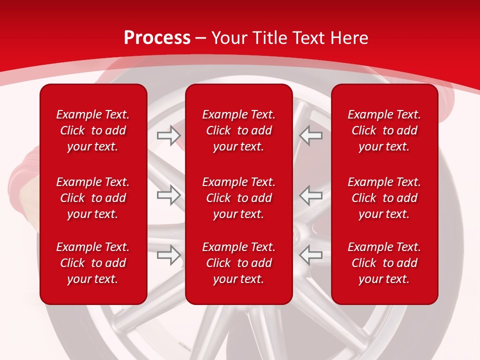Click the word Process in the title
pos(157,38)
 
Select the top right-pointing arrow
pos(168,135)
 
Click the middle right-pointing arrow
pos(168,195)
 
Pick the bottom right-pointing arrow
pos(168,254)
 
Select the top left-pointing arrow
pos(311,135)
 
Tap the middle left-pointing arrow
pos(311,195)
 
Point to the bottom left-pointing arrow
pos(311,254)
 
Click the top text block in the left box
pos(93,130)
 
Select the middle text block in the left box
pos(93,198)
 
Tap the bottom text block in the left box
pos(93,263)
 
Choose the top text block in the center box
pos(238,130)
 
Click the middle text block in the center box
pos(238,198)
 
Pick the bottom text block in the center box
pos(238,263)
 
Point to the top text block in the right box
pos(384,130)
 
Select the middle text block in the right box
pos(384,198)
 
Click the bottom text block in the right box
pos(384,263)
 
